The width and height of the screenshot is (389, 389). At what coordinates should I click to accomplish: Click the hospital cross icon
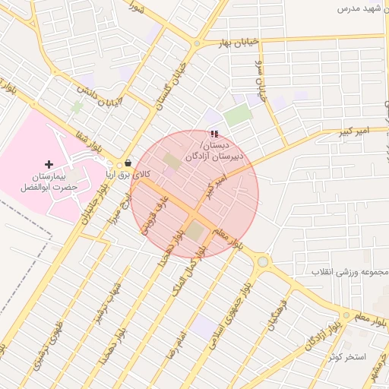click(x=49, y=164)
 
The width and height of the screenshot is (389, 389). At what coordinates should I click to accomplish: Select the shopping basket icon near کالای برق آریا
click(x=128, y=163)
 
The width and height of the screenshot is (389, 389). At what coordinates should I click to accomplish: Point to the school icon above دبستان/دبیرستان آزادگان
click(x=213, y=134)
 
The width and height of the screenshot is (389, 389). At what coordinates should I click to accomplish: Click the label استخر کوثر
click(x=348, y=357)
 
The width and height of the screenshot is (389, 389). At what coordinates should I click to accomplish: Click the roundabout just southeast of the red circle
click(x=263, y=262)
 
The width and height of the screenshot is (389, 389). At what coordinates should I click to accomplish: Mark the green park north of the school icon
click(x=238, y=115)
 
